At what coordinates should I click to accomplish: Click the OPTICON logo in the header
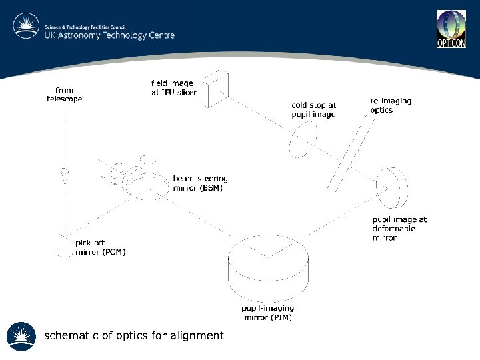(451, 29)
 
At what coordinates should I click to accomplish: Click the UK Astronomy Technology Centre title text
(109, 35)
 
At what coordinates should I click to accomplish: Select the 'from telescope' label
(65, 95)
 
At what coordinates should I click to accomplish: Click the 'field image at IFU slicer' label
(174, 88)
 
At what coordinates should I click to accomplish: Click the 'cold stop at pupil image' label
(313, 110)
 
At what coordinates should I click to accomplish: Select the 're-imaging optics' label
(391, 105)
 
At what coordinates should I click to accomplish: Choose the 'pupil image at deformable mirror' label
(399, 228)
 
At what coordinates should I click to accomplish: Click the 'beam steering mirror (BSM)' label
(200, 183)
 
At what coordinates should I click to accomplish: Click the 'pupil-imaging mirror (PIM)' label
(267, 313)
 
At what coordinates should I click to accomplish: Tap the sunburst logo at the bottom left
(21, 337)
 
